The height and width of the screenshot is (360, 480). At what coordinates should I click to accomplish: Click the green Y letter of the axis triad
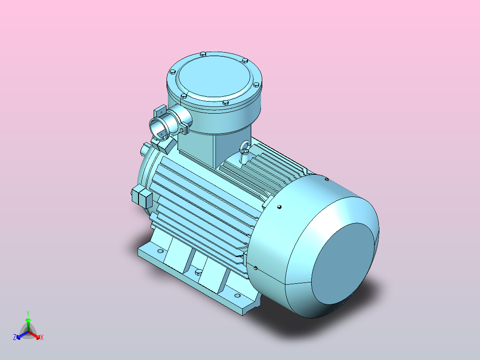click(x=28, y=313)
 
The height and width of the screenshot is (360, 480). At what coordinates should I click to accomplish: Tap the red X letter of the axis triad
click(x=42, y=337)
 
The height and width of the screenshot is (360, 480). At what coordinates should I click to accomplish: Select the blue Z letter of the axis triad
click(x=15, y=337)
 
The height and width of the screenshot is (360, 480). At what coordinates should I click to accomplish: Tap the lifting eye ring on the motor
click(x=244, y=147)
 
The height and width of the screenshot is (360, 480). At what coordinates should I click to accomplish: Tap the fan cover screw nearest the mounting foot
click(x=256, y=268)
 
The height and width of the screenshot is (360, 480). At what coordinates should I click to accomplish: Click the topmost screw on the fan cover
click(x=327, y=179)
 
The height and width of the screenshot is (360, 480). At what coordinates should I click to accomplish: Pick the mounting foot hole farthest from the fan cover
click(x=159, y=252)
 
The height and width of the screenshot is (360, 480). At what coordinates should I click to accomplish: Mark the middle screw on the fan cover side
click(x=279, y=207)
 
